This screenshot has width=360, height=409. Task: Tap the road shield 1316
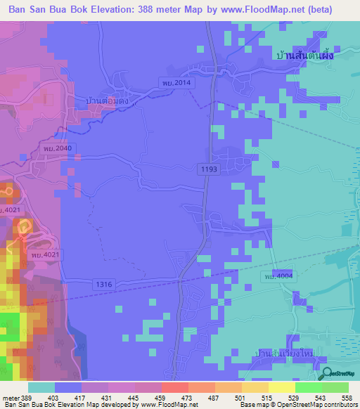tap(103, 283)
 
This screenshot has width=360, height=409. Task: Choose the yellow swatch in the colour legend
tap(281, 387)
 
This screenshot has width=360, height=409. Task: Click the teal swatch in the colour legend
tap(41, 387)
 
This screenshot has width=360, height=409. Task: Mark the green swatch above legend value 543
tap(308, 387)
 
